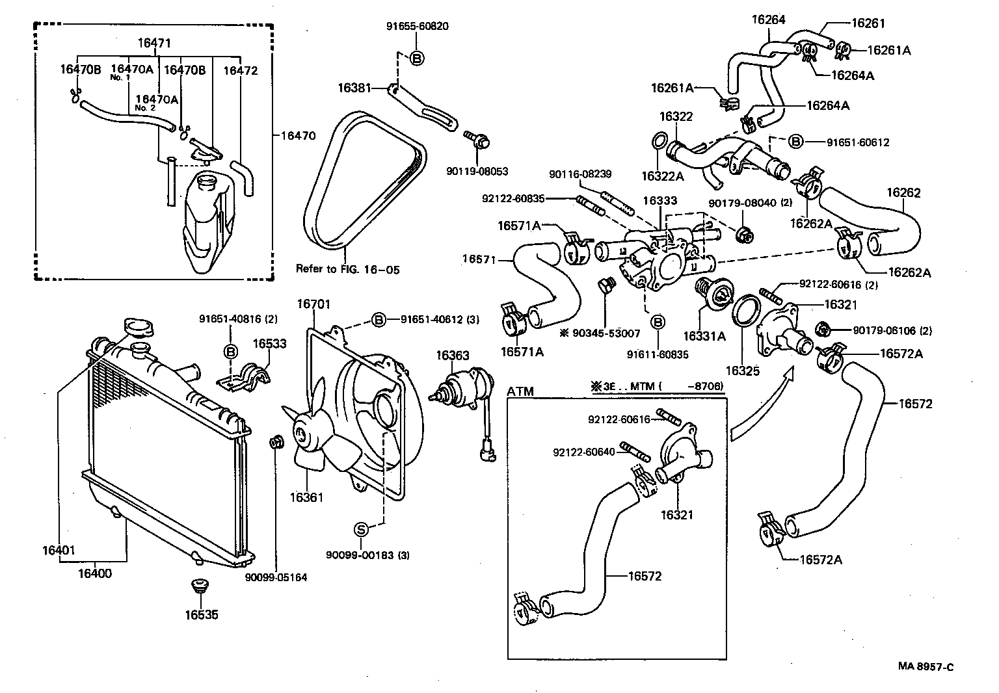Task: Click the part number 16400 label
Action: point(95,573)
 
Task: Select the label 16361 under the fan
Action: point(306,497)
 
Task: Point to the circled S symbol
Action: point(361,529)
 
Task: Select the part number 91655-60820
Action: point(417,27)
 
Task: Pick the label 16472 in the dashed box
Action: point(241,70)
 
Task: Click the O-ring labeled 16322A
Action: point(658,141)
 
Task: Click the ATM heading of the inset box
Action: point(520,391)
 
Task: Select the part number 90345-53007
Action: point(605,333)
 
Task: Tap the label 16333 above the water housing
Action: point(660,202)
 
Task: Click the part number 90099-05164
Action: point(276,577)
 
